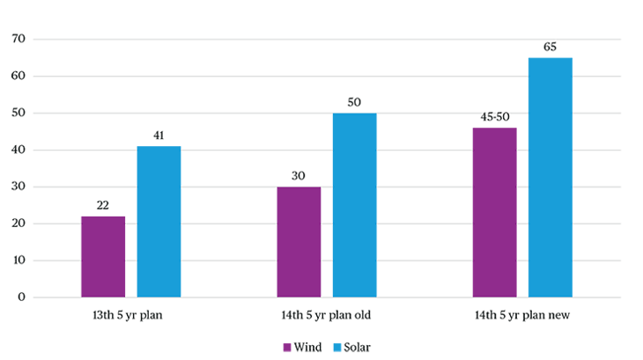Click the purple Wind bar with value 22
point(103,255)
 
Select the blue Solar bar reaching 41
point(159,220)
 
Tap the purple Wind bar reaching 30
point(299,241)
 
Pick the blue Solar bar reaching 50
point(354,204)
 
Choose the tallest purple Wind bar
point(494,211)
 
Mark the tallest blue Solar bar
point(550,176)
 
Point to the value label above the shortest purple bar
point(103,205)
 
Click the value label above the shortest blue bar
point(159,136)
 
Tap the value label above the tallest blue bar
point(550,47)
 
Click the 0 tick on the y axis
point(20,297)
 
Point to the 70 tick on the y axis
point(18,39)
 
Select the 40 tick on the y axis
point(18,150)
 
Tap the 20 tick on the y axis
point(18,224)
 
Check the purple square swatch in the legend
point(287,348)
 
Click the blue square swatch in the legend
point(336,348)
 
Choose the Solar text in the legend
point(358,348)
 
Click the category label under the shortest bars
point(128,315)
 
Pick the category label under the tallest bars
point(522,315)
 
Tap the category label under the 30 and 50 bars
point(326,315)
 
